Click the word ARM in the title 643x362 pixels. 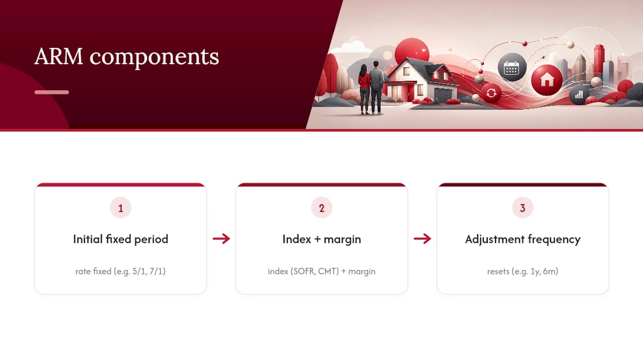(x=59, y=56)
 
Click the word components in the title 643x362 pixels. (x=154, y=58)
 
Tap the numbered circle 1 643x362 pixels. (x=121, y=208)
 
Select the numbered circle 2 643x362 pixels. (x=321, y=208)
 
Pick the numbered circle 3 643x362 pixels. (x=523, y=208)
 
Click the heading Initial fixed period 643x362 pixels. (x=121, y=239)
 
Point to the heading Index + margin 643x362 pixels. (x=321, y=239)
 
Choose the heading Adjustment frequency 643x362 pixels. (x=523, y=239)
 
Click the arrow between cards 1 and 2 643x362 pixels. (x=222, y=238)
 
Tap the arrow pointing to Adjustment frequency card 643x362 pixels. (x=422, y=238)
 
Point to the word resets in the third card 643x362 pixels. (x=498, y=271)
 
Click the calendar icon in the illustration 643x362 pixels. (x=512, y=67)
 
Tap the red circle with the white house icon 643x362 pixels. (x=547, y=80)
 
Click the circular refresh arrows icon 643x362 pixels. (x=491, y=93)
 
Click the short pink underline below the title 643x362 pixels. (x=52, y=92)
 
